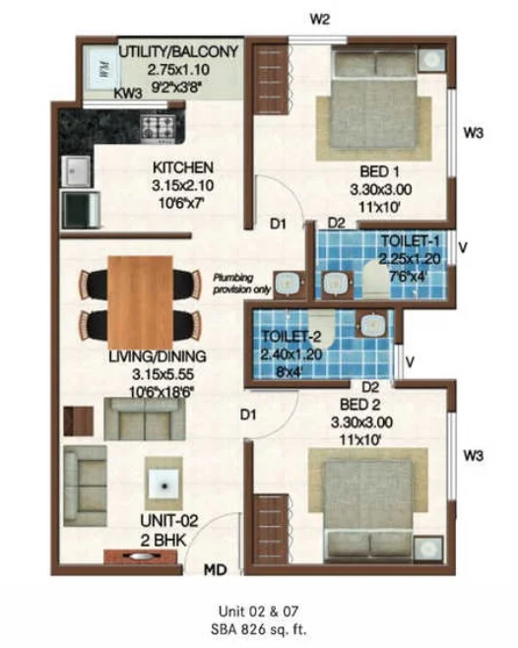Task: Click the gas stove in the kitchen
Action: pos(158,127)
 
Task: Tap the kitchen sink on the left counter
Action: pos(76,171)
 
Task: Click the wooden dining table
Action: pos(140,302)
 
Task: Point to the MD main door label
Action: pos(216,570)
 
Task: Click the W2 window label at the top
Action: pos(319,19)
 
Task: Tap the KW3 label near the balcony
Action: pos(128,94)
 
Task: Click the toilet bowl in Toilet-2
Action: pos(322,329)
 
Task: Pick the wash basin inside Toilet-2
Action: pos(373,324)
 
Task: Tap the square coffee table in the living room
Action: pos(164,485)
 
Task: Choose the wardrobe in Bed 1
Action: pos(271,79)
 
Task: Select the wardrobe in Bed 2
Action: pos(271,529)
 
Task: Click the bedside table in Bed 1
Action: pos(430,60)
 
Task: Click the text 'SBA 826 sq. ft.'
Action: pos(259,629)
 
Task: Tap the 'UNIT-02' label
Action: pos(169,521)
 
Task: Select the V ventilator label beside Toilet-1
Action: pos(463,247)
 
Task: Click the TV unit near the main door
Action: pos(141,556)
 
